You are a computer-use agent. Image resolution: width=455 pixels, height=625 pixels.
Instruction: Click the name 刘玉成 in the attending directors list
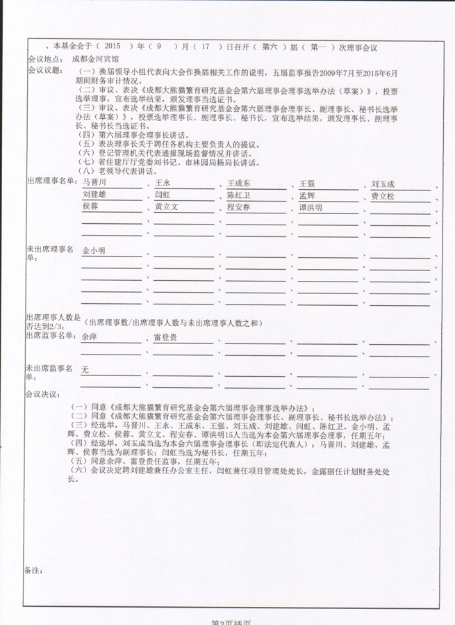pyautogui.click(x=383, y=184)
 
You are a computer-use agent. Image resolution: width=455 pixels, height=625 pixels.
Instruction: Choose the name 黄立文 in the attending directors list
pyautogui.click(x=167, y=207)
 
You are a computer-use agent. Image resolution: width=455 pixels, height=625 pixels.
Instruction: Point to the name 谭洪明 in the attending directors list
pyautogui.click(x=311, y=207)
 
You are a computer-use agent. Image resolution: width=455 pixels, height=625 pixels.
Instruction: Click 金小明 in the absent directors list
pyautogui.click(x=94, y=250)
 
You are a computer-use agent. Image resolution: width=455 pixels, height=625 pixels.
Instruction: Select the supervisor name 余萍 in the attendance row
pyautogui.click(x=89, y=336)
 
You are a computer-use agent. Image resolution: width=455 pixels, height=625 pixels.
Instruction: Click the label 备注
pyautogui.click(x=33, y=569)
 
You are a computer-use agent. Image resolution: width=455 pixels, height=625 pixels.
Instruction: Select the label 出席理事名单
pyautogui.click(x=49, y=181)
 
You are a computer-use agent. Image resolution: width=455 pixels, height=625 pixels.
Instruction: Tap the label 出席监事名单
pyautogui.click(x=49, y=335)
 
